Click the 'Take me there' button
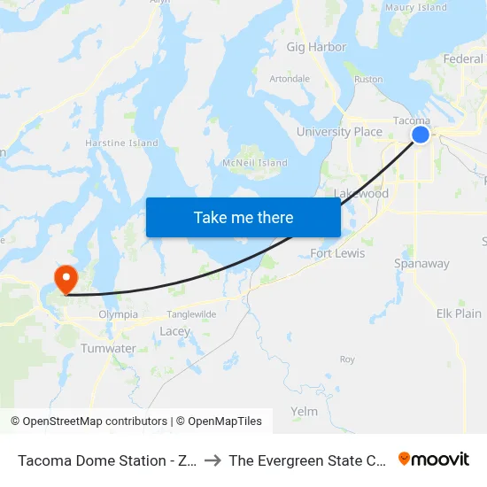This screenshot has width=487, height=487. click(243, 217)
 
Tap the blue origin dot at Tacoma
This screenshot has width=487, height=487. click(421, 134)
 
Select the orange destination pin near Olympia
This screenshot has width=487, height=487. click(66, 279)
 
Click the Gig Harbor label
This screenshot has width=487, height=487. click(316, 47)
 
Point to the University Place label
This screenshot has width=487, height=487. click(339, 132)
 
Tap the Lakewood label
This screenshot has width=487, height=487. click(361, 193)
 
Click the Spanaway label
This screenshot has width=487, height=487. click(421, 263)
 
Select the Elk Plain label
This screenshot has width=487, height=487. click(459, 313)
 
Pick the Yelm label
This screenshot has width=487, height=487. click(304, 411)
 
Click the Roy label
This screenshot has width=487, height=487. click(347, 359)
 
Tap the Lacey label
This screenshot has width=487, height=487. click(174, 331)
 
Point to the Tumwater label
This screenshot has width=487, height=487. click(108, 348)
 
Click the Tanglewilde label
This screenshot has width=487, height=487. click(192, 313)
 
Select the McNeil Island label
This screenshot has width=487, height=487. click(255, 163)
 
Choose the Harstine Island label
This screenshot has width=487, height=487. click(121, 143)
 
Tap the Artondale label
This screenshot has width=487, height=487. click(290, 79)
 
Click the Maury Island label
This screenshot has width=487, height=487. click(416, 8)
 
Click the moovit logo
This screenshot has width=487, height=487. click(433, 460)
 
